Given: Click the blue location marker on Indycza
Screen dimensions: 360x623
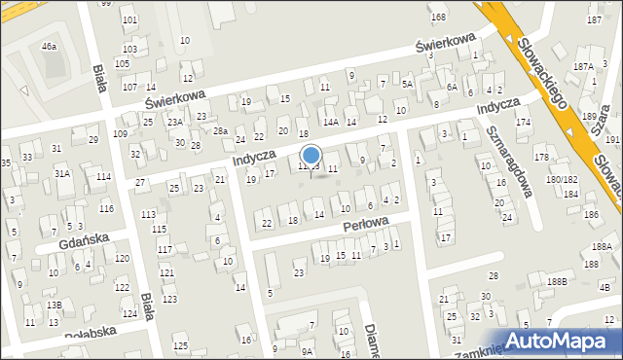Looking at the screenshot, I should [x=311, y=156].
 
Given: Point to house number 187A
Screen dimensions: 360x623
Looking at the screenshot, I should [x=583, y=66].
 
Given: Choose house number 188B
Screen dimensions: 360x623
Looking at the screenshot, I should [x=557, y=282].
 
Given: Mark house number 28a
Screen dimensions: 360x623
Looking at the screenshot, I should [x=222, y=131].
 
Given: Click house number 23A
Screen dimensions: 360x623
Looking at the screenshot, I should [x=174, y=123].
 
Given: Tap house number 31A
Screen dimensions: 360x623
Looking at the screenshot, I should [x=61, y=173].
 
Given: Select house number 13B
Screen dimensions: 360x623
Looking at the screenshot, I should [x=55, y=306].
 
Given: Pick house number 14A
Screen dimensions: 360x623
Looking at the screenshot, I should [x=331, y=122].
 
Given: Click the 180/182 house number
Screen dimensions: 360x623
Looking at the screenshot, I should [x=562, y=180].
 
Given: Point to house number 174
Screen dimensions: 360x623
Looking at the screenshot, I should [x=524, y=123].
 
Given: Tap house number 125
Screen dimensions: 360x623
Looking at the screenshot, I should [x=180, y=346].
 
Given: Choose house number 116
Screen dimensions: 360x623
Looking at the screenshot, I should [x=106, y=209].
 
